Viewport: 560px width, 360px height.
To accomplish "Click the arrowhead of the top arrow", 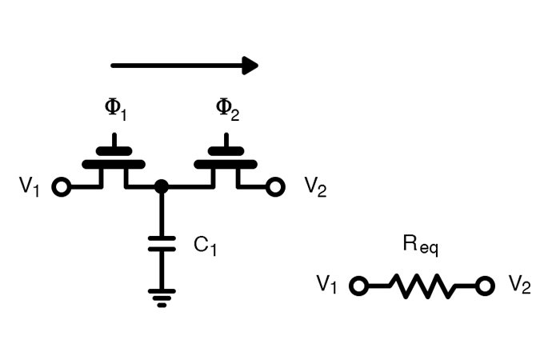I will tap(250, 66).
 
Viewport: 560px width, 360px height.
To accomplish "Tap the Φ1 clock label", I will tap(116, 110).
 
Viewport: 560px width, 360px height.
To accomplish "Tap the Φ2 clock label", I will tap(228, 110).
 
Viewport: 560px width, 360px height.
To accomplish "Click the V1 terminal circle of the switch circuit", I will tap(60, 187).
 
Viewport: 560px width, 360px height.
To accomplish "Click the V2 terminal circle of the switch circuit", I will tap(276, 187).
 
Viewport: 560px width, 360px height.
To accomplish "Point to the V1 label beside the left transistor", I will tap(29, 186).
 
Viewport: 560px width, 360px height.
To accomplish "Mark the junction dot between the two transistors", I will tap(162, 186).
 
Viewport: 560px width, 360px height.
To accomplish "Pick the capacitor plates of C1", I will tap(162, 243).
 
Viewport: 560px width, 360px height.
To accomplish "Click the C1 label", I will tap(205, 245).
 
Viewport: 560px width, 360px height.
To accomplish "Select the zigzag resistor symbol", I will tap(421, 286).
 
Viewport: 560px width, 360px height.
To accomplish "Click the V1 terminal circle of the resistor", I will tap(358, 286).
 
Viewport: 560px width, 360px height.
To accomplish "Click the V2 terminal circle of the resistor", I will tap(483, 286).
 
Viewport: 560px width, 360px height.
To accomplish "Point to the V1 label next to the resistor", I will tap(326, 284).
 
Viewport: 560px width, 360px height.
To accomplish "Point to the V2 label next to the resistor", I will tap(519, 285).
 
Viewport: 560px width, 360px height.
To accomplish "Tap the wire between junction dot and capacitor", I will tap(162, 212).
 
